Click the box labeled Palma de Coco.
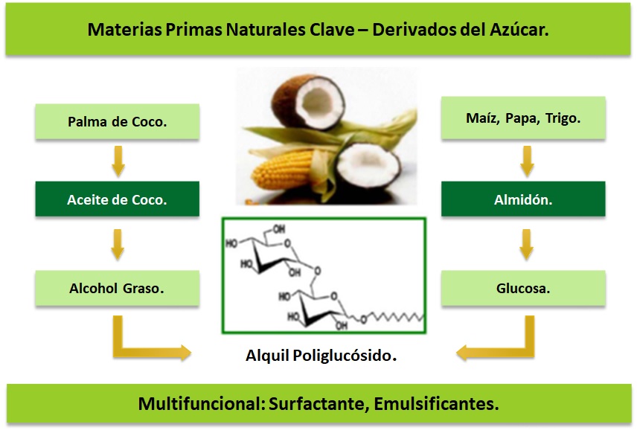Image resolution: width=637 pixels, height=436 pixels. point(117,121)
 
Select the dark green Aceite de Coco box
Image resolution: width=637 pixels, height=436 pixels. point(117,199)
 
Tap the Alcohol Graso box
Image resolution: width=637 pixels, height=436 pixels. point(117,288)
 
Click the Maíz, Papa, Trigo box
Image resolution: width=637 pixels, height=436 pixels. point(522,119)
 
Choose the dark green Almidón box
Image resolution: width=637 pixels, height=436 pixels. point(522,199)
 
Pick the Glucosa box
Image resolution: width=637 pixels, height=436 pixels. point(522,288)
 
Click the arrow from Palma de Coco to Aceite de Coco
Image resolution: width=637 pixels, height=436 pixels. point(117,161)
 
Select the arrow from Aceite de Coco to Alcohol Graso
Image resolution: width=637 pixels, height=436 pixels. point(117,244)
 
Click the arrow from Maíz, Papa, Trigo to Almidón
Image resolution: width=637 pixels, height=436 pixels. point(526,161)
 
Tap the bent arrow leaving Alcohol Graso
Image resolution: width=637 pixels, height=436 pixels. point(141,344)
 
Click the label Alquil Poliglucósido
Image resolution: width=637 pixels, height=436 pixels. point(321,356)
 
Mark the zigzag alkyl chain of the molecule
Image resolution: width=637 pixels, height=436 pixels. point(394,318)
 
